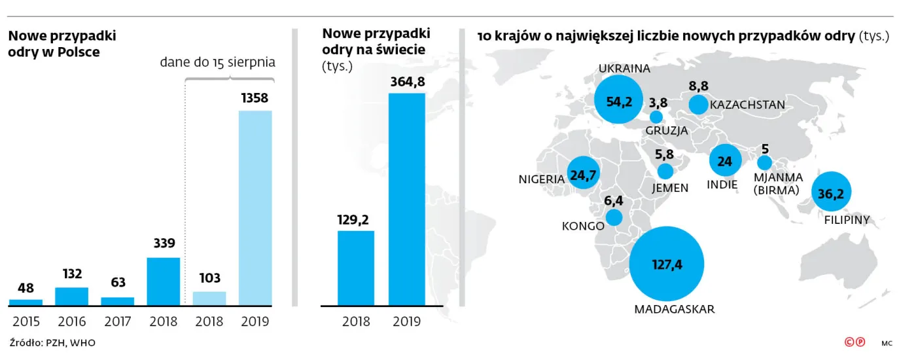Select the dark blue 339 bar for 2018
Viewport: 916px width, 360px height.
point(163,281)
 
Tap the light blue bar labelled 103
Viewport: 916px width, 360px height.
point(209,298)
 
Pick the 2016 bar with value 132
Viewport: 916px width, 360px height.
point(71,296)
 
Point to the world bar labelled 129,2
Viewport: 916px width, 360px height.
point(355,268)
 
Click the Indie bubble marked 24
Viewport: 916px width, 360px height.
point(726,161)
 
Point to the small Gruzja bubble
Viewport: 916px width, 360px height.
point(656,117)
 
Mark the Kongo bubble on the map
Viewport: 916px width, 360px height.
point(614,217)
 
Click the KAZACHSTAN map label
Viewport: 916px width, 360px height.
point(747,105)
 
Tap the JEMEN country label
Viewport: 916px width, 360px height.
point(670,188)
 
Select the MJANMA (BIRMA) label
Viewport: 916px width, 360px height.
point(777,183)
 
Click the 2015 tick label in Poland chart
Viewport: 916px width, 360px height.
point(26,321)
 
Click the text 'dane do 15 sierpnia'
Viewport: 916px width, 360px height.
point(218,63)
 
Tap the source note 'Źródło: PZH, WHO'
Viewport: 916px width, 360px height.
point(47,343)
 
